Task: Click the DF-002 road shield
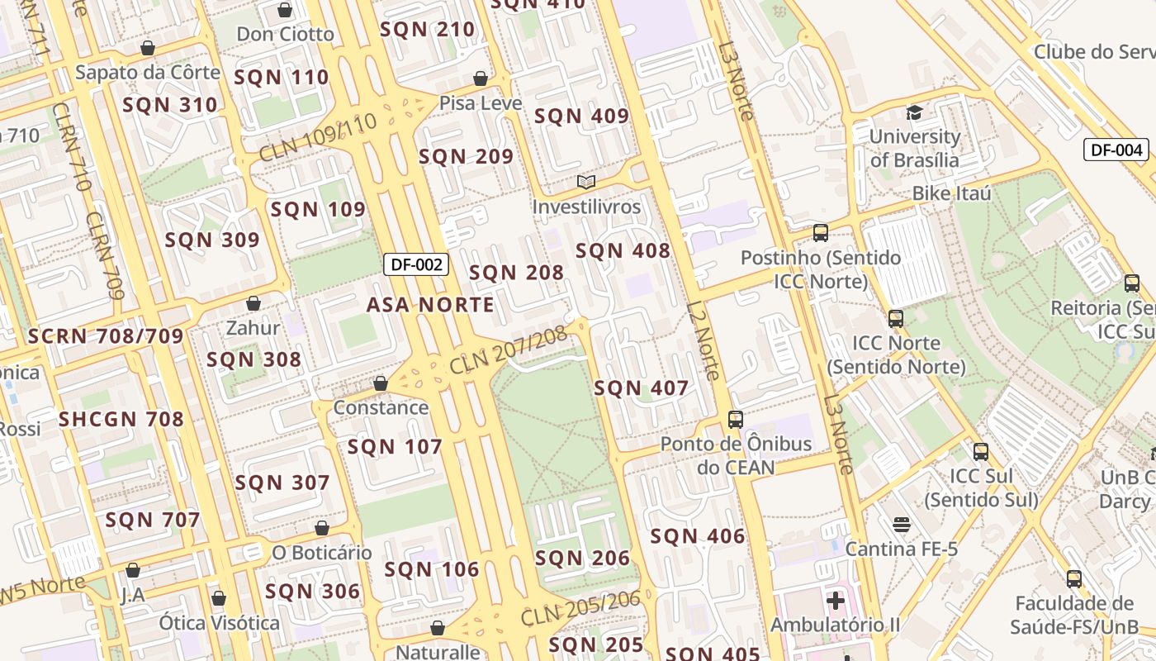[417, 264]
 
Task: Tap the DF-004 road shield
[1116, 150]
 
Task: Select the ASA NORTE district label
[430, 305]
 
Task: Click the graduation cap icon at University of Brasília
[914, 112]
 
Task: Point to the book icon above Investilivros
[585, 182]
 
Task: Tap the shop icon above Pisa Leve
[481, 78]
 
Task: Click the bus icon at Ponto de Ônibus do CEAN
[736, 419]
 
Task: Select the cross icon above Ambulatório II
[836, 600]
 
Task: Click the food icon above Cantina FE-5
[901, 525]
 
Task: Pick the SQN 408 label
[623, 251]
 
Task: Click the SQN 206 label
[582, 559]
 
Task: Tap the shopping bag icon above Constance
[381, 383]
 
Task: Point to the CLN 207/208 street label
[509, 350]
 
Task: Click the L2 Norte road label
[704, 340]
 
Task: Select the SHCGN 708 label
[121, 419]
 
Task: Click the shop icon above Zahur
[253, 303]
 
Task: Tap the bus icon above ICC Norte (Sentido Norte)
[896, 318]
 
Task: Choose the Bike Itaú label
[951, 193]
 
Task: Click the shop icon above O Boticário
[322, 527]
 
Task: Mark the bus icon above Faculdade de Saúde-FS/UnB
[1074, 578]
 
